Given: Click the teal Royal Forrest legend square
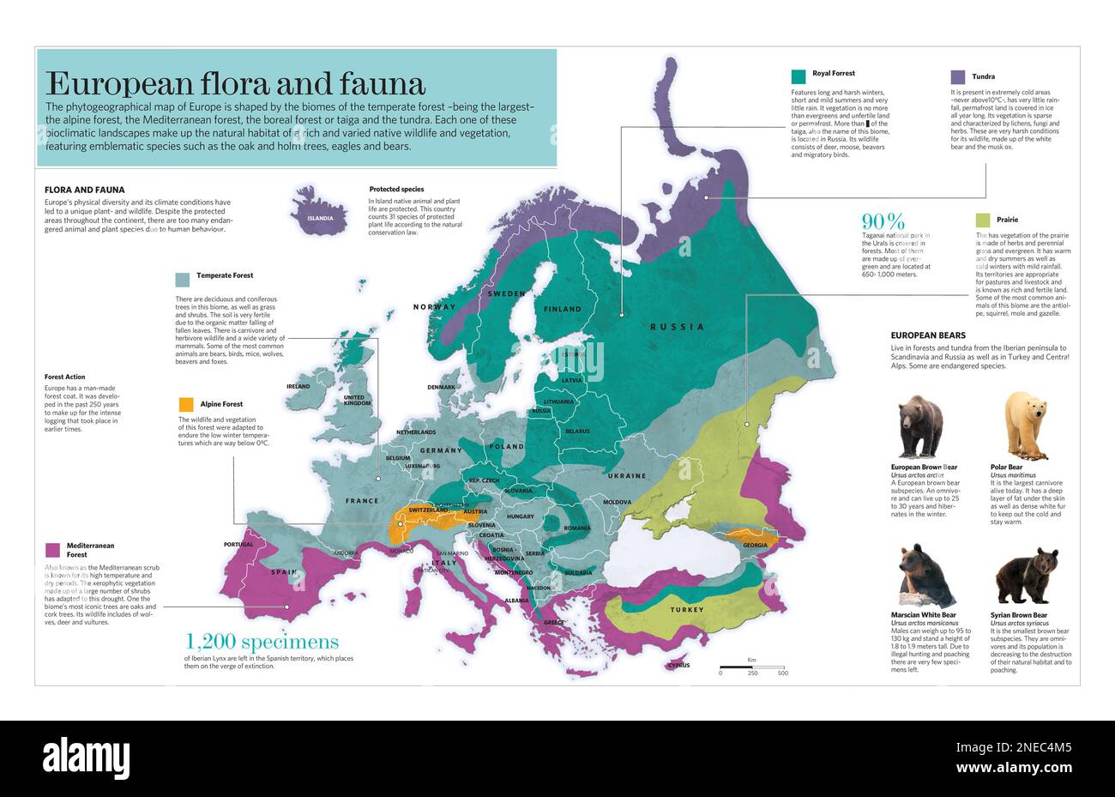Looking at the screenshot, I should pos(799,75).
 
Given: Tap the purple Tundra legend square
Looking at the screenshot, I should pos(957,77).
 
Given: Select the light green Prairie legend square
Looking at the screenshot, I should pos(982,220).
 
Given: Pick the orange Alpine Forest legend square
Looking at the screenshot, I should pos(185,404).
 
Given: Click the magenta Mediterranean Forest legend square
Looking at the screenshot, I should pos(52,549).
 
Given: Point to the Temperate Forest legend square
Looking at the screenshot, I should pos(182,279).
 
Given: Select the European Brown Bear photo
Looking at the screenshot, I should pos(920,426).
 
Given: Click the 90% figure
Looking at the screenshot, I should pos(883,221).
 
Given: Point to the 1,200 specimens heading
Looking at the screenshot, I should pos(262,642).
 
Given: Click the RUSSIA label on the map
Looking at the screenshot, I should pos(677,327).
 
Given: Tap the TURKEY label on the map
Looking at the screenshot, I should pos(687,610).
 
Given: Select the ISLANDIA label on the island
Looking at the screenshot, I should pos(320,218).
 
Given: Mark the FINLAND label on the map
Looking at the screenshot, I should pos(562,309).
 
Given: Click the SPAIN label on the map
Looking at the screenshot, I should pos(284,572).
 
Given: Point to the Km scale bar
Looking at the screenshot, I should pos(751,666).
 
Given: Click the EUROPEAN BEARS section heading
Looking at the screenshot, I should pos(927,335).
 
